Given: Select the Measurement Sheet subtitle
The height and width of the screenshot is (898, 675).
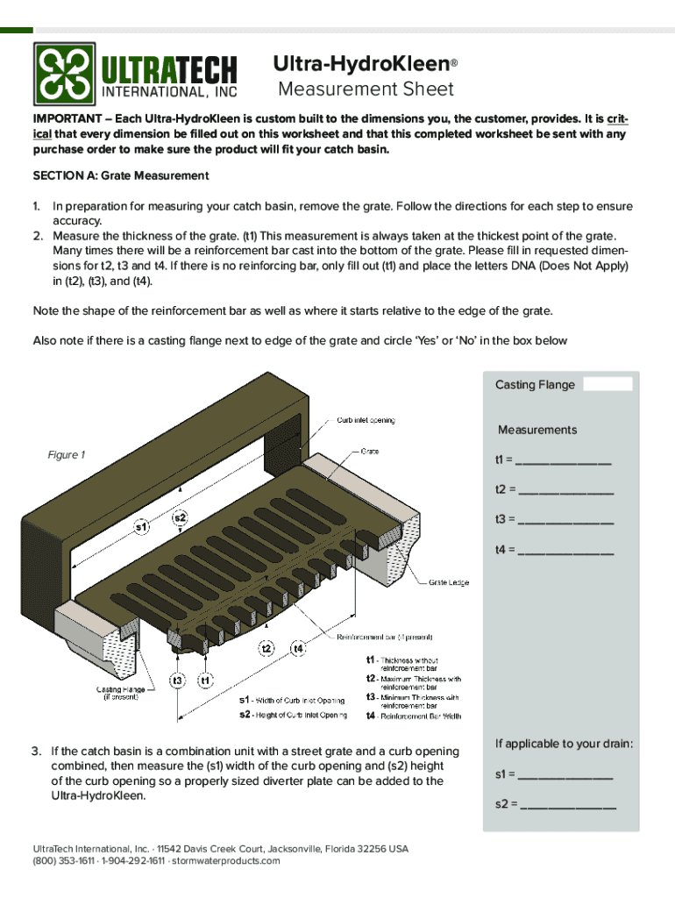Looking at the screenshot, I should pyautogui.click(x=366, y=89).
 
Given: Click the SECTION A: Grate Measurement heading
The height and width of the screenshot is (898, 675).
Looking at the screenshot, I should pyautogui.click(x=121, y=175).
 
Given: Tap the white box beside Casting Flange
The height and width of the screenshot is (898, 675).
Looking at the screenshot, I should pyautogui.click(x=607, y=384).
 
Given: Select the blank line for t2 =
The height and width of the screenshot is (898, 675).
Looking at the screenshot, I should pyautogui.click(x=565, y=491).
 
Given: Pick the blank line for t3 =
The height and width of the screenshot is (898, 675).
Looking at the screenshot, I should pyautogui.click(x=565, y=521).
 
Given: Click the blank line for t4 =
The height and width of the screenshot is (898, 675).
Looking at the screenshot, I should pyautogui.click(x=565, y=552).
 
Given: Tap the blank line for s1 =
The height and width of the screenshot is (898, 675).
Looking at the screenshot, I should pyautogui.click(x=565, y=776).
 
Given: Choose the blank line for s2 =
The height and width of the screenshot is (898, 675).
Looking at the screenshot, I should pyautogui.click(x=567, y=805).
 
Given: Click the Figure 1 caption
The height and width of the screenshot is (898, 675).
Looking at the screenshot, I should pyautogui.click(x=66, y=454).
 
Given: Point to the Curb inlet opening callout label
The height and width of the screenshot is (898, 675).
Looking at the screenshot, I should pyautogui.click(x=366, y=420).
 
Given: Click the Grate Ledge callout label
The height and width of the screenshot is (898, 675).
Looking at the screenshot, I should pyautogui.click(x=448, y=581).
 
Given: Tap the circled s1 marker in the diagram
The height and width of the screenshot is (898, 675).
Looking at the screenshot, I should pyautogui.click(x=141, y=527).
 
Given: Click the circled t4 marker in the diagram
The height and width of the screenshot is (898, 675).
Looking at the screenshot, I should pyautogui.click(x=298, y=648).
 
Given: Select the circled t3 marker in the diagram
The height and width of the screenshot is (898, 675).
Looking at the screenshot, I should pyautogui.click(x=178, y=680).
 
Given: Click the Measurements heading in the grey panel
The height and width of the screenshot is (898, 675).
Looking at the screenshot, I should pyautogui.click(x=537, y=430).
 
